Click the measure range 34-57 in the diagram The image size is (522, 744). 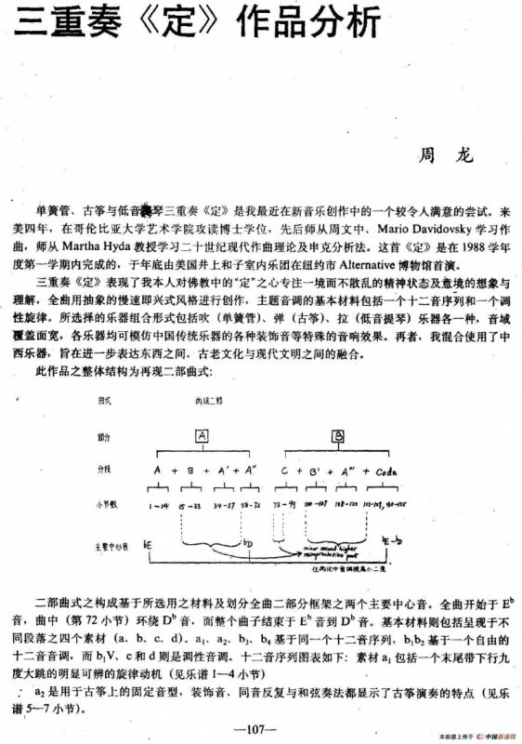point(224,504)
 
